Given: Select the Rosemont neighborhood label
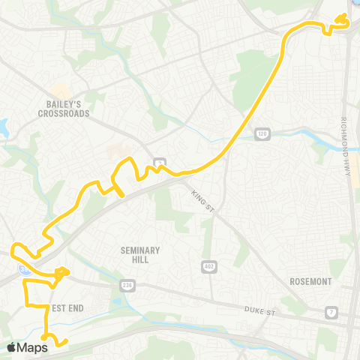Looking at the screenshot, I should click(310, 281).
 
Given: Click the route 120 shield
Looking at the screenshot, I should click(262, 133).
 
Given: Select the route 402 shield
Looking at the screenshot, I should click(208, 266).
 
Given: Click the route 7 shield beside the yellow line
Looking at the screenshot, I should click(160, 162).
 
